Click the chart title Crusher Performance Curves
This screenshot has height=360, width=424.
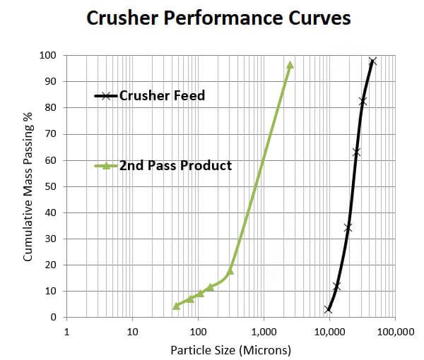pos(218,18)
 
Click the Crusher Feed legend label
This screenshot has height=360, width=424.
pos(162,95)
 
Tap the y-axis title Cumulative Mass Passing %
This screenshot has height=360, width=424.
pos(28,186)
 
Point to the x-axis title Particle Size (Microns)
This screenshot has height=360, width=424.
pos(230,349)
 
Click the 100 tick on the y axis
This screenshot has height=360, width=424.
pos(48,55)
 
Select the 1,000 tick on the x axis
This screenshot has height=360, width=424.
pos(263,332)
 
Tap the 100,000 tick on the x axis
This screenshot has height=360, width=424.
pos(394,332)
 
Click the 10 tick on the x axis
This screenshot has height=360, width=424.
pos(132,332)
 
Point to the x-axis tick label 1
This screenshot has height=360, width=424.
pos(66,332)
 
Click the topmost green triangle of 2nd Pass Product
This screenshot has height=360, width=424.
pos(290,64)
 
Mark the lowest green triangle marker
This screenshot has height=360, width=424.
pos(177,306)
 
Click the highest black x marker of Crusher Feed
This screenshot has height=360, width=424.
pos(372,61)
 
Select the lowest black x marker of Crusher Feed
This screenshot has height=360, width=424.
pos(329,309)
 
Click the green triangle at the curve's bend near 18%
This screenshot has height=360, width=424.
pos(230,271)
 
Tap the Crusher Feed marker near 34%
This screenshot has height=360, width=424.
pos(348,227)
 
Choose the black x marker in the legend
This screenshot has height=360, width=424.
pos(106,96)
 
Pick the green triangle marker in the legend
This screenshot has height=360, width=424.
pos(106,167)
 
